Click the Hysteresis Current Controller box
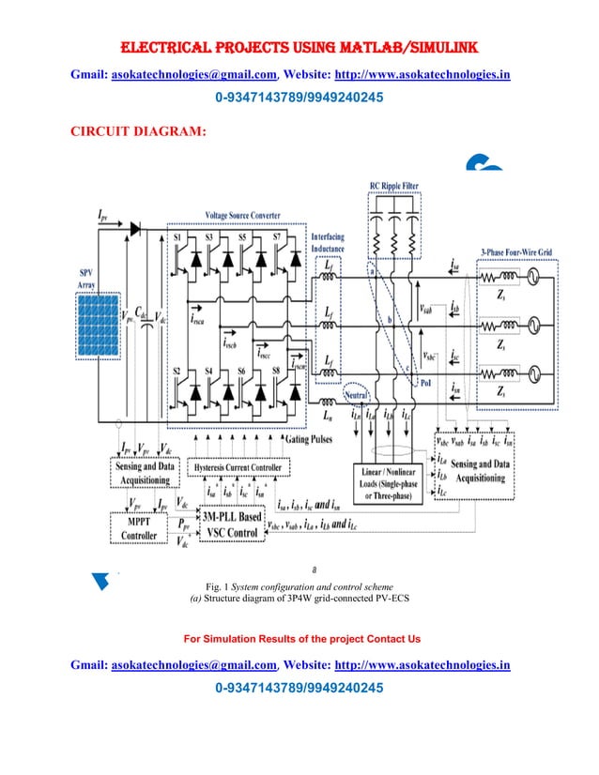238,466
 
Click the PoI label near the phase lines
428,384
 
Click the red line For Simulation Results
300,639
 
